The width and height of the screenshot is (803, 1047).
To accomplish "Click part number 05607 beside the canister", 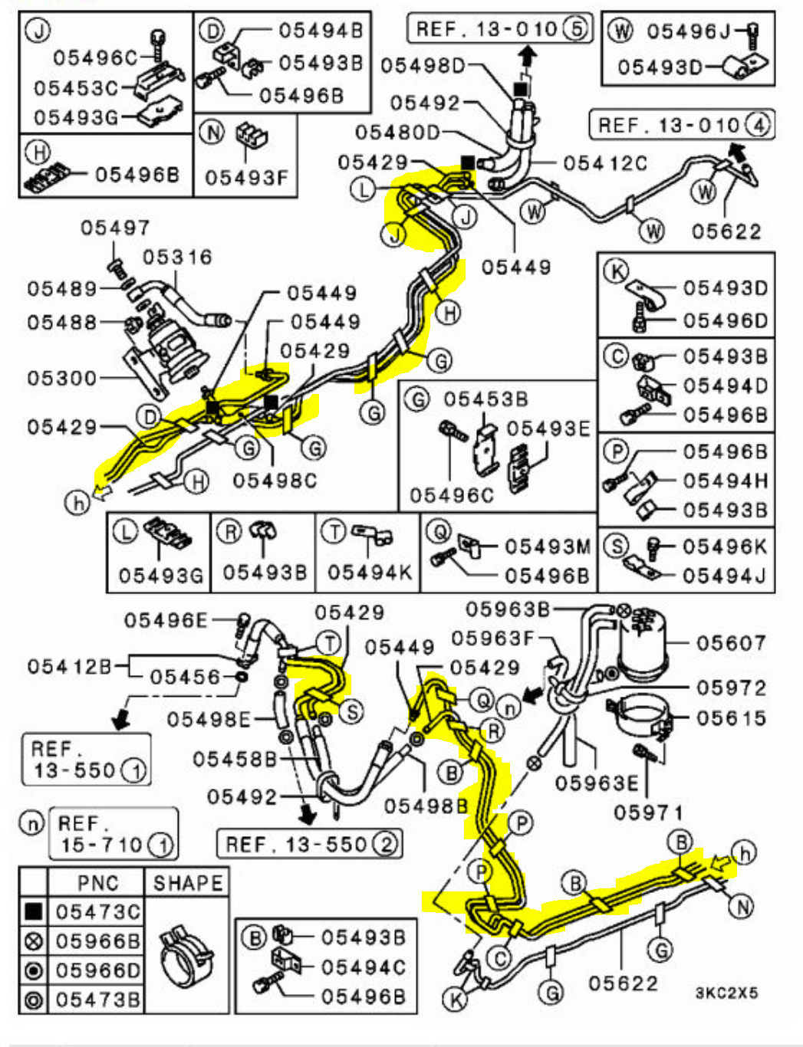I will (730, 642).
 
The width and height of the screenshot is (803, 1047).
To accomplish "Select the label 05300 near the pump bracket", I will (62, 378).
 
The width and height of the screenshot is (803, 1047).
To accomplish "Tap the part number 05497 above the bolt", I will (115, 227).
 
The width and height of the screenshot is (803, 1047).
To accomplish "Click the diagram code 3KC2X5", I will (726, 993).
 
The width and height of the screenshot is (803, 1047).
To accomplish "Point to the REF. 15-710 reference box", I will (114, 834).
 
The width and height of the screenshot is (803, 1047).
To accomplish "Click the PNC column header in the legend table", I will (97, 882).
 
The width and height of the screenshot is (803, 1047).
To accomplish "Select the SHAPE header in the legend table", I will (187, 882).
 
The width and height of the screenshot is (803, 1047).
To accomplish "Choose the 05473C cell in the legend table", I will (97, 911).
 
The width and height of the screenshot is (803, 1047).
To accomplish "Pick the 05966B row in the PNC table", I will (97, 940).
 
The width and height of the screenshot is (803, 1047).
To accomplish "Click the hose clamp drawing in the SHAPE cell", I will (185, 954).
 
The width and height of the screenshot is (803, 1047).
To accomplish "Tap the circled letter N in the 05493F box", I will (212, 133).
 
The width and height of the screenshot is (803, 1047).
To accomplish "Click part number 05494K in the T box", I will (369, 573).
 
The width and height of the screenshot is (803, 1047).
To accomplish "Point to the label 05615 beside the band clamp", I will (730, 717).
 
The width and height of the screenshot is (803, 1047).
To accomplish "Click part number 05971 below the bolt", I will (648, 812).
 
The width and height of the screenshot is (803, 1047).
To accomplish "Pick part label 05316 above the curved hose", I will (177, 257).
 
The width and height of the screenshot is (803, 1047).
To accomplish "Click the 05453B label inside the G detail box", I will (485, 399).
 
